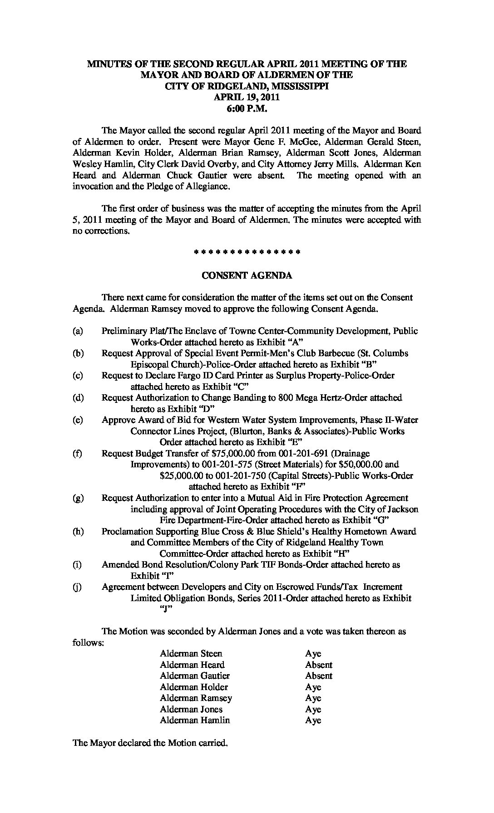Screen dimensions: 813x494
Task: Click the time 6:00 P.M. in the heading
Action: tap(247, 109)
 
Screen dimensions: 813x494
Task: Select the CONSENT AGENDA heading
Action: tap(247, 275)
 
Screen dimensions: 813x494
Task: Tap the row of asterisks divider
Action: tap(247, 251)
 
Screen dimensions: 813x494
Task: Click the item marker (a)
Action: tap(78, 331)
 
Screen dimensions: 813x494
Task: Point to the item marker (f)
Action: tap(78, 453)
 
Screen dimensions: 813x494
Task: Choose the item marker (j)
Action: tap(78, 587)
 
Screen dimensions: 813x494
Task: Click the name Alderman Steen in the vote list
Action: tap(191, 654)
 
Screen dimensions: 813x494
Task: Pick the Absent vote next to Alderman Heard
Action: tap(318, 665)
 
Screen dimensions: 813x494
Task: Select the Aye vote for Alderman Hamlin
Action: tap(313, 720)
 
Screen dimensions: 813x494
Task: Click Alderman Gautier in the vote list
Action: tap(195, 676)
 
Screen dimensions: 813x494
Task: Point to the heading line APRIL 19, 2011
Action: tap(247, 98)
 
